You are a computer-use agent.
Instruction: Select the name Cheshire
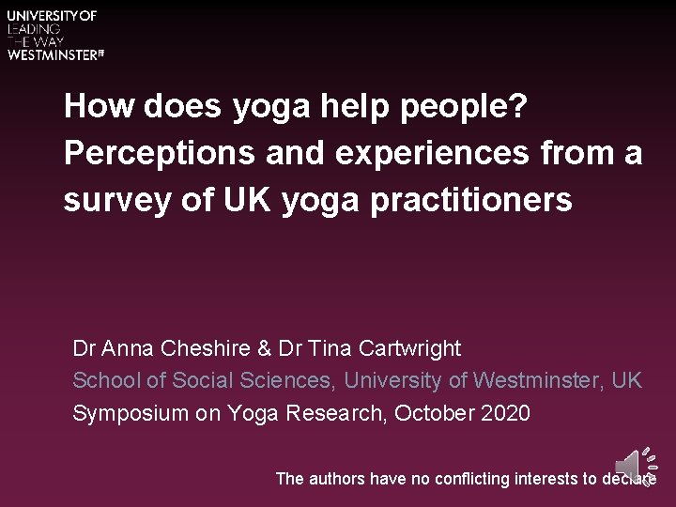point(205,349)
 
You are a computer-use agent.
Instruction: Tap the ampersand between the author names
point(263,349)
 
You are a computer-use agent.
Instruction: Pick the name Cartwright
point(411,349)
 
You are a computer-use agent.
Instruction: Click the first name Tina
point(334,349)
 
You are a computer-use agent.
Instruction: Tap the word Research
point(329,413)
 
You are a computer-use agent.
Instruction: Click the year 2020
point(507,413)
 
